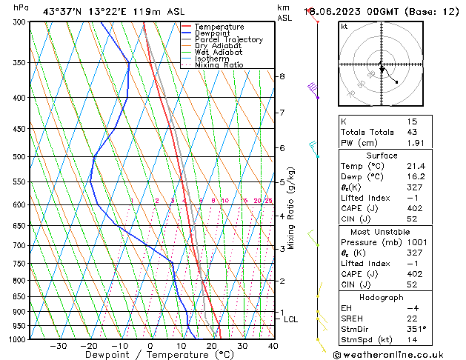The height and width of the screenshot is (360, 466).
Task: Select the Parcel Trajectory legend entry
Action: point(228,40)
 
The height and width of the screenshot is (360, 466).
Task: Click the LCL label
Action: point(290,319)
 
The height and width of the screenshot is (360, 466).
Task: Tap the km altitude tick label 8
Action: point(282,76)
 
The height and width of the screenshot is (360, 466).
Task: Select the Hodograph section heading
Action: point(381,297)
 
